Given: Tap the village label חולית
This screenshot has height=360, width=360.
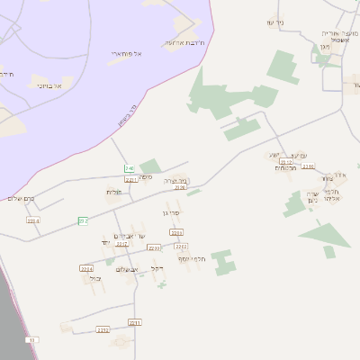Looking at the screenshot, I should tap(114, 191).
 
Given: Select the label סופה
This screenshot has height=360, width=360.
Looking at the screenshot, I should tap(145, 177).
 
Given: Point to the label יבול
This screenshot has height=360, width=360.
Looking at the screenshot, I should tap(95, 278).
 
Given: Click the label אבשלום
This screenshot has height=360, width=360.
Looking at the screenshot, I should tap(128, 269).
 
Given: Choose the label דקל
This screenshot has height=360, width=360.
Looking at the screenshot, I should tap(157, 267).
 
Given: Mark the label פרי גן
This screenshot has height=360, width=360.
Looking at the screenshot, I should tap(171, 213).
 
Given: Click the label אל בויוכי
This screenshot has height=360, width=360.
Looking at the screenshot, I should tap(49, 85).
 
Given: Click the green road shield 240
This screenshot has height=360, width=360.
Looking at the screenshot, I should tap(130, 168).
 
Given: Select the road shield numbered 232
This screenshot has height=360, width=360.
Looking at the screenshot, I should tap(83, 220).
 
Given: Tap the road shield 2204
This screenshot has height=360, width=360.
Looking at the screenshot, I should tap(33, 220).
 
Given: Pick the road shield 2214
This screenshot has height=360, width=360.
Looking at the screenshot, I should tap(86, 268).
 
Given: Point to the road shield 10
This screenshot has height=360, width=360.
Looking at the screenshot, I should tap(33, 339).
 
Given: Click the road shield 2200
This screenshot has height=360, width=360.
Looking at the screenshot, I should tap(154, 247).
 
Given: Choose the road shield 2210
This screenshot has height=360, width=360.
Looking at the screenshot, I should tap(309, 166).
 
